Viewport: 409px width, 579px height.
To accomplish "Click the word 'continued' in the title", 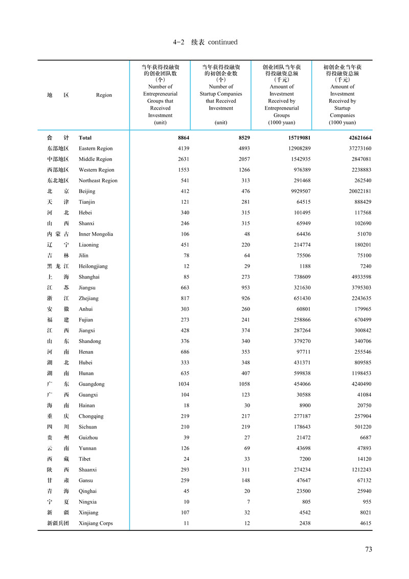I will coord(222,42).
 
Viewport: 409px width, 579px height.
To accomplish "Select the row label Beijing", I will coord(87,191).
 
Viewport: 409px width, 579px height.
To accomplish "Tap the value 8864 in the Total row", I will coord(183,138).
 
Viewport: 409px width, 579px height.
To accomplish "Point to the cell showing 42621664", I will coord(357,138).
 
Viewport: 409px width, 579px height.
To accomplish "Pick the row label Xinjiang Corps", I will coord(96,523).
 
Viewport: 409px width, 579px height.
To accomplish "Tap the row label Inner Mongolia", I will coord(96,234).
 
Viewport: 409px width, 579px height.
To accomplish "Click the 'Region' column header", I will coord(104,95).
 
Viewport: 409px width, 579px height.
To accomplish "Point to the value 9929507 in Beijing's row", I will coord(298,191).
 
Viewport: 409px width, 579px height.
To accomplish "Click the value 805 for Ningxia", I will coord(304,502).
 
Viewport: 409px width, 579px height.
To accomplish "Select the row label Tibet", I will coord(84,459).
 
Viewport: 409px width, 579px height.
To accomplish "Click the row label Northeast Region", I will coord(98,180).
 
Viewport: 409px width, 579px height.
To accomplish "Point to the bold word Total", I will coord(85,138).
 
